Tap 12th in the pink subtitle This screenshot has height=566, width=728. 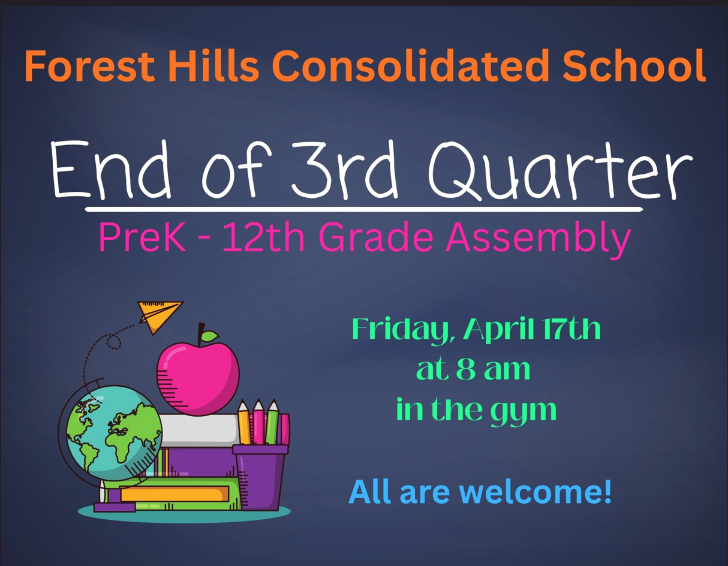point(261,238)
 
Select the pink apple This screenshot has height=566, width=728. point(197,369)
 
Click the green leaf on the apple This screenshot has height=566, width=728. point(210,336)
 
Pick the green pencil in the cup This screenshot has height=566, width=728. point(272,423)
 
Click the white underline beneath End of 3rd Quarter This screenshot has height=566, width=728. point(364,209)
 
